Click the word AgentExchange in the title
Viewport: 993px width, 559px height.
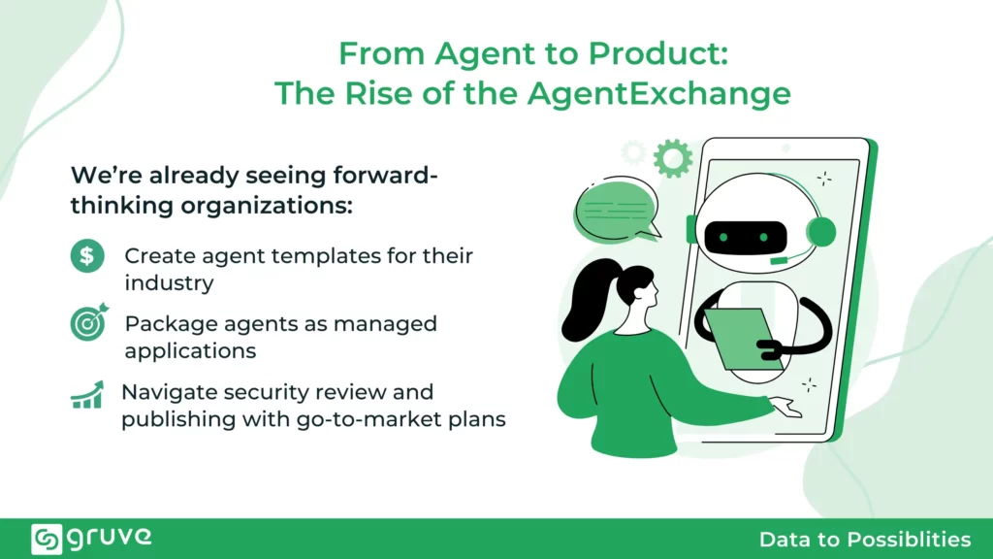coord(658,93)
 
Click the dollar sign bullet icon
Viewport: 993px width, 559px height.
coord(87,256)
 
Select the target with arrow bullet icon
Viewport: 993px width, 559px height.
coord(88,322)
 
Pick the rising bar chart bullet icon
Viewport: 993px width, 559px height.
coord(86,395)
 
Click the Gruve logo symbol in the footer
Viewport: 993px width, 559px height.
coord(47,539)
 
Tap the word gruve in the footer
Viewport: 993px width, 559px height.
coord(110,538)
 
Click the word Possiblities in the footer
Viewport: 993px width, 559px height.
coord(909,540)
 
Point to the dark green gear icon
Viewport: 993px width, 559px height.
coord(673,158)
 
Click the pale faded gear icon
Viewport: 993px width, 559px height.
coord(633,152)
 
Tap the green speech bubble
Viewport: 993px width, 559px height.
coord(616,211)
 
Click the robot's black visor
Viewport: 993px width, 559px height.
coord(746,238)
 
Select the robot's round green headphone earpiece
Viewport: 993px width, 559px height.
coord(821,232)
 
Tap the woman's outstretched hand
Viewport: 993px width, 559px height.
coord(785,407)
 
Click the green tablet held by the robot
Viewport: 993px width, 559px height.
coord(741,339)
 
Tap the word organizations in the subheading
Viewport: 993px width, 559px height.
coord(267,206)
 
